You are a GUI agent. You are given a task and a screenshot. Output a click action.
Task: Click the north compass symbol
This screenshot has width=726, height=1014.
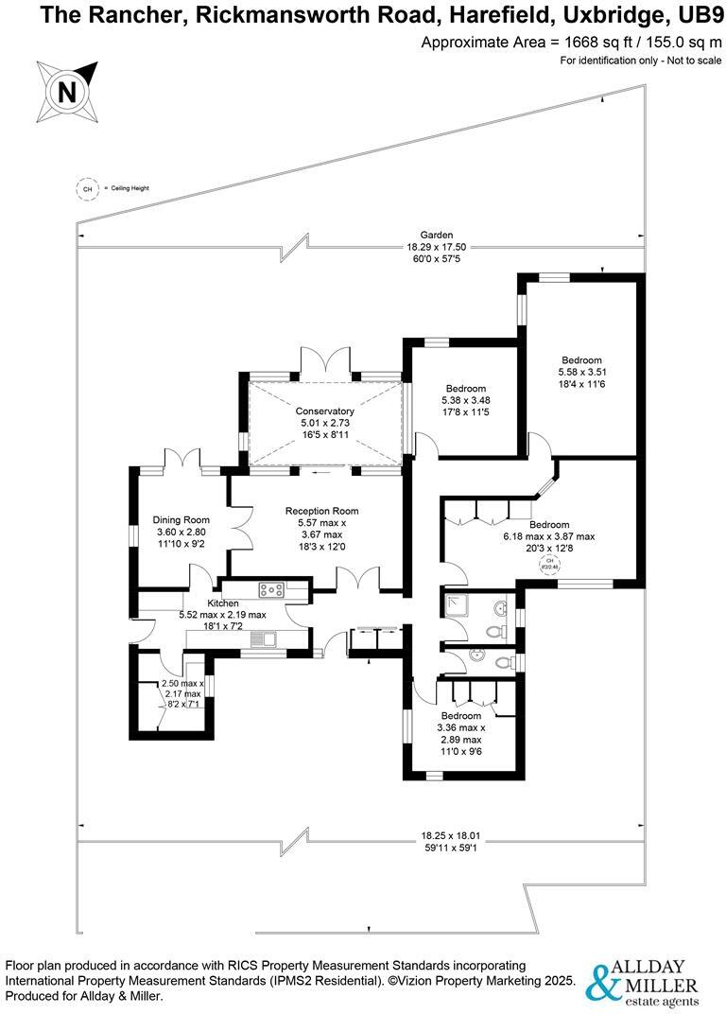pos(67,91)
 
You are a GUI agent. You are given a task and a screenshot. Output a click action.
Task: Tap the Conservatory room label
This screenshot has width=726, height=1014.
pos(324,411)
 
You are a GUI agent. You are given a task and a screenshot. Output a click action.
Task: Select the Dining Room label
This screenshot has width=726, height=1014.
pos(181,519)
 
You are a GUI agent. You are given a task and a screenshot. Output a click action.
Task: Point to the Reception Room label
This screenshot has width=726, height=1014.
pos(321,511)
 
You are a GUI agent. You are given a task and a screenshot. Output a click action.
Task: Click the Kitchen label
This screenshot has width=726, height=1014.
pos(223,603)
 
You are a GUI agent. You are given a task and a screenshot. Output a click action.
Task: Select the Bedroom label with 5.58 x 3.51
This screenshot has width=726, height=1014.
pos(581,359)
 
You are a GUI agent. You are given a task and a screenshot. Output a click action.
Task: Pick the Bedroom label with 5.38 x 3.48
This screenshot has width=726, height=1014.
pos(466,389)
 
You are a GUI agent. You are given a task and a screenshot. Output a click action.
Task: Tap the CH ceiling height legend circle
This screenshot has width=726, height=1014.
pos(88,188)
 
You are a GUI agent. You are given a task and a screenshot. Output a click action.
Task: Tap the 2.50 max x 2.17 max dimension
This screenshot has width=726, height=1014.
pos(182,693)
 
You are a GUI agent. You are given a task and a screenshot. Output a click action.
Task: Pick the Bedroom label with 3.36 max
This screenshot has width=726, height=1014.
pos(460,716)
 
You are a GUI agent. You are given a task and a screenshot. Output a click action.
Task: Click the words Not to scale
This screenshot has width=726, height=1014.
pos(695,61)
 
